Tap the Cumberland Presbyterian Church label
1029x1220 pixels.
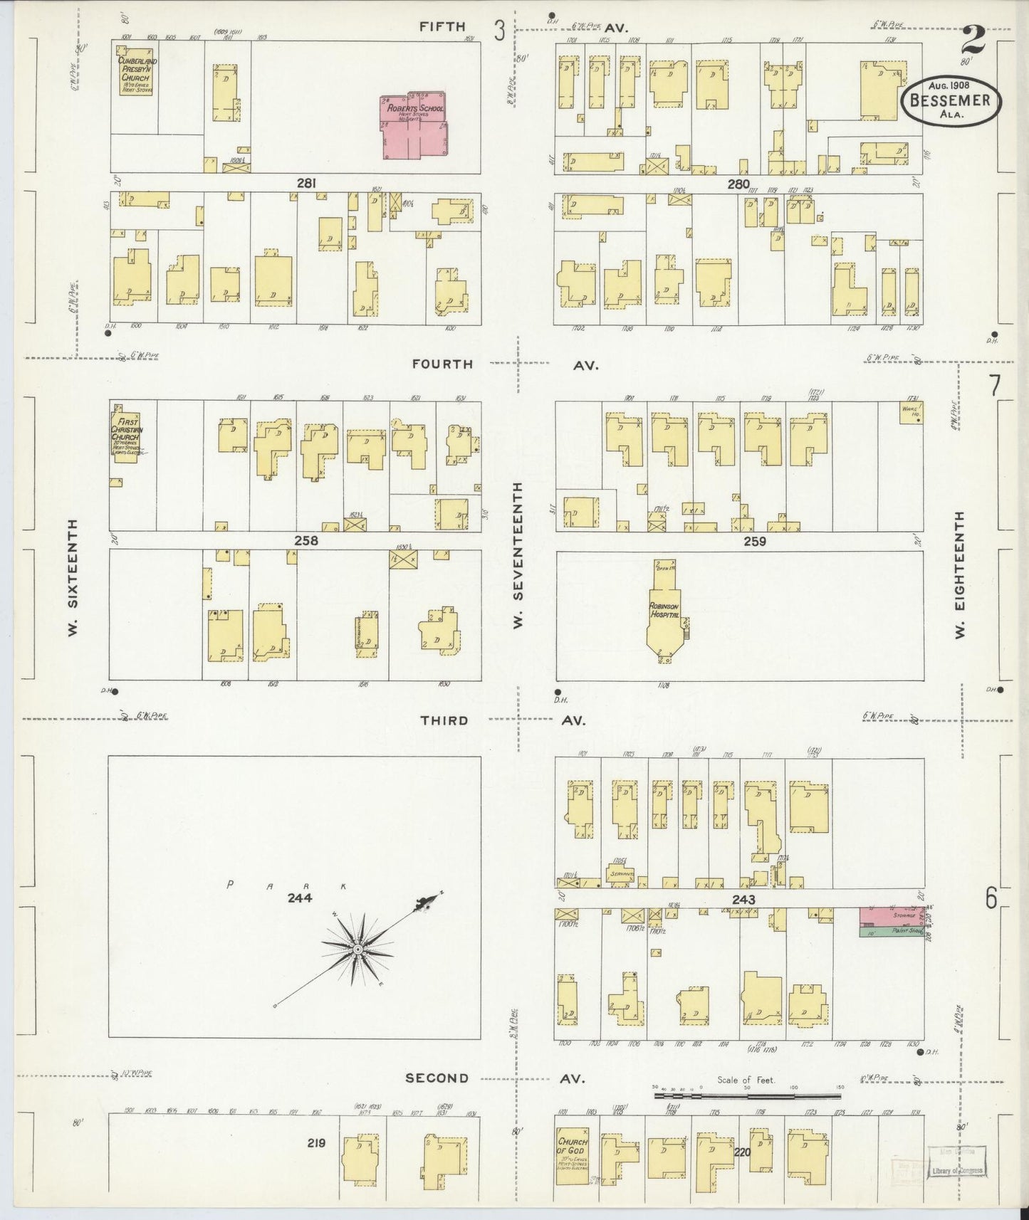pyautogui.click(x=138, y=70)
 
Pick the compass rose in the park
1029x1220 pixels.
pyautogui.click(x=358, y=950)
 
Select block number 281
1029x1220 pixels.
pyautogui.click(x=306, y=184)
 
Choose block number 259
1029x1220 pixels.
pyautogui.click(x=754, y=542)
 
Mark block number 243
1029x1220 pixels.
pyautogui.click(x=743, y=900)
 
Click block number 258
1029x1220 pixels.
pyautogui.click(x=306, y=541)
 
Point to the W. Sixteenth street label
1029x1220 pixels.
pyautogui.click(x=73, y=577)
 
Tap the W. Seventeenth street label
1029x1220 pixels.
pyautogui.click(x=518, y=554)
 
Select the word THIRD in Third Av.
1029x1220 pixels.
pyautogui.click(x=444, y=720)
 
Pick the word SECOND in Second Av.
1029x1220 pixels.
pyautogui.click(x=437, y=1078)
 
